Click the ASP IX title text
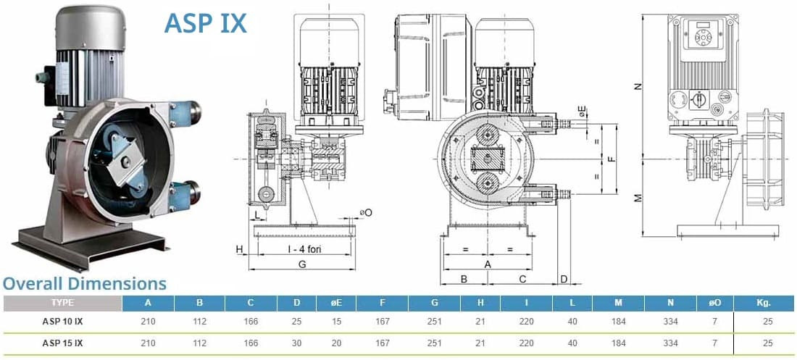[205, 23]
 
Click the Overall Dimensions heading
[85, 283]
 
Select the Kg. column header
[764, 303]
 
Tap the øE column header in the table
[336, 303]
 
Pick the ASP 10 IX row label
[62, 322]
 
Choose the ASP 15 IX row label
[62, 343]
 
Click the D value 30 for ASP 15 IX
[297, 343]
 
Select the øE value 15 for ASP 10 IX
[336, 322]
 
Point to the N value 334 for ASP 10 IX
[670, 322]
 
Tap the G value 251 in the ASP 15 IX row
[435, 343]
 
